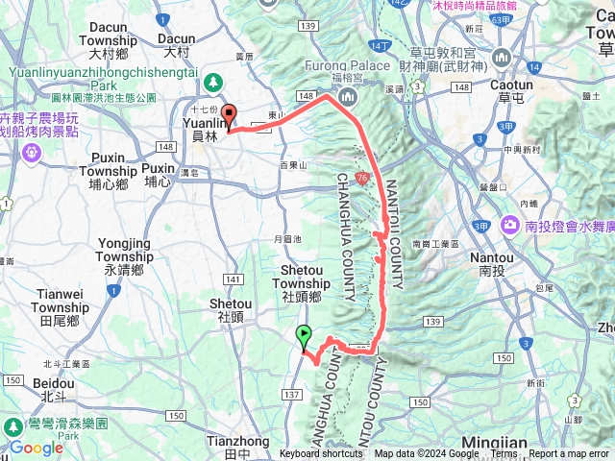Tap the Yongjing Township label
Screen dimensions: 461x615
[126, 256]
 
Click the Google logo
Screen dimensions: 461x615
[37, 448]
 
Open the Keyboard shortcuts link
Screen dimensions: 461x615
[321, 454]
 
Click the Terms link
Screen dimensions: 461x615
[504, 454]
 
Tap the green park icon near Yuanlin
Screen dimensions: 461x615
[214, 81]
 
